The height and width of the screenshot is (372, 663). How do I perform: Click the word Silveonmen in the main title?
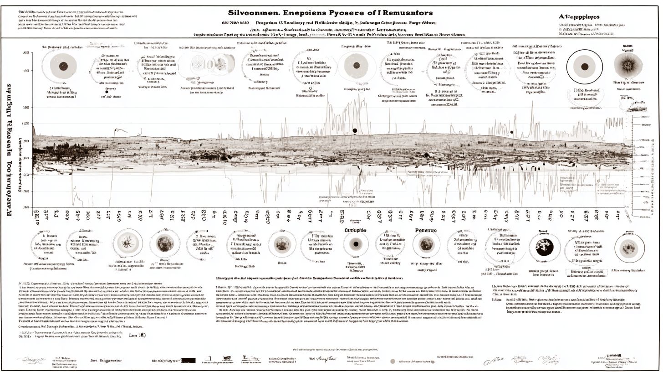point(250,13)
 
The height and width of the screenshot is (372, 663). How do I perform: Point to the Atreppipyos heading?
point(579,16)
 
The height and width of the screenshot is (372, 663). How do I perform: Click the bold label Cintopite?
point(355,230)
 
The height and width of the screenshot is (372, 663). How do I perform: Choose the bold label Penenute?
point(426,231)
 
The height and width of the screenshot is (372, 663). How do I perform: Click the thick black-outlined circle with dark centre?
point(584,67)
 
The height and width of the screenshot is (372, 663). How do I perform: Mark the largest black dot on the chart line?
point(355,131)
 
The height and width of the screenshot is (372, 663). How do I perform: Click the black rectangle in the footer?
point(188,360)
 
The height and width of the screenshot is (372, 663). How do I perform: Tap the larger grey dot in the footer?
point(393,362)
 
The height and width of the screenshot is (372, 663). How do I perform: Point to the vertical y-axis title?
point(10,150)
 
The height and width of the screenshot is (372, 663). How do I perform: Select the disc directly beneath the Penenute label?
point(426,245)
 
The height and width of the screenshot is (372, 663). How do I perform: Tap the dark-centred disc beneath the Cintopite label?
point(356,244)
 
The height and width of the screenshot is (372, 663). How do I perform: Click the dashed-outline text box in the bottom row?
point(586,273)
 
